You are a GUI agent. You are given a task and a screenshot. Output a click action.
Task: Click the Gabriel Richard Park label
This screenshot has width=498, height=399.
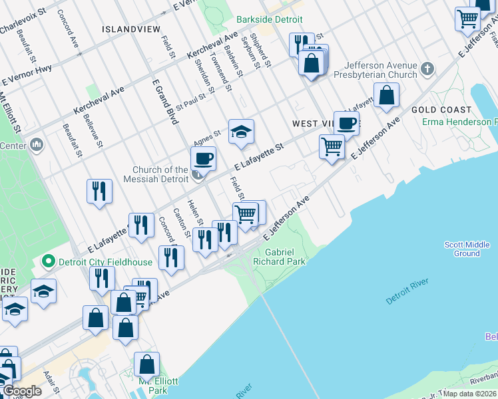coord(285,257)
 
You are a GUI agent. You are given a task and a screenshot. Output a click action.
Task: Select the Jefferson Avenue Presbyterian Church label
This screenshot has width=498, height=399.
coord(380,70)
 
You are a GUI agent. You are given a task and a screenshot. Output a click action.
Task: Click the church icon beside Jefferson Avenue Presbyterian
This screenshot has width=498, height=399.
coord(427,68)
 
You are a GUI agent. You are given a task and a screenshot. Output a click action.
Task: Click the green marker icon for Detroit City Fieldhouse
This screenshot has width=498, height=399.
coord(47,262)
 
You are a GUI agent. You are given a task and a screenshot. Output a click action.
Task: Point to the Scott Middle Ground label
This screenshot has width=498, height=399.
coord(467,249)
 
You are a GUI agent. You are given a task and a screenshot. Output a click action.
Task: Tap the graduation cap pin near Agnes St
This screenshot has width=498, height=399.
coord(241,132)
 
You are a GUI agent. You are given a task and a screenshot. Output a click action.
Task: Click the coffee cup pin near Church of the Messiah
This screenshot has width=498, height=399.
coord(203,159)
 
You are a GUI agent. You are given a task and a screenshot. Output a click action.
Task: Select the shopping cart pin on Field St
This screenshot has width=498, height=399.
coord(246,215)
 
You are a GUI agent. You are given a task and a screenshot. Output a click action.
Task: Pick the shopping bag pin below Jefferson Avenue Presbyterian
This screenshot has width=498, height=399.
coord(387,96)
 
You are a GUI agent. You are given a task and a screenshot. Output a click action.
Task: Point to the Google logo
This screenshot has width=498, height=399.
coord(21,391)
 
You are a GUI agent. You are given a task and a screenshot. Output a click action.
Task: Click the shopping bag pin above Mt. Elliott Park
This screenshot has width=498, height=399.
coord(146,364)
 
